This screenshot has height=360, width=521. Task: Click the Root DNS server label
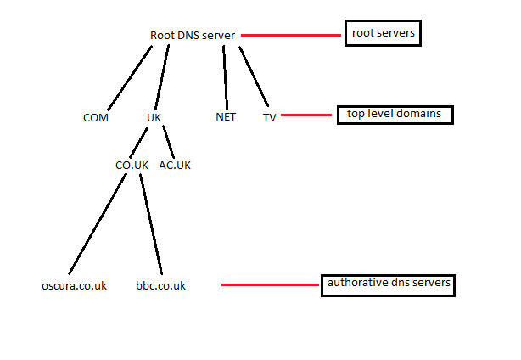pos(193,36)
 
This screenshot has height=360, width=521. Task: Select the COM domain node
pos(96,118)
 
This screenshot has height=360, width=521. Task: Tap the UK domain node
pos(154,118)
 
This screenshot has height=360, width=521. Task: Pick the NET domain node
pos(226,117)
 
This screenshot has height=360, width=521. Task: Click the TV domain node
pos(269,118)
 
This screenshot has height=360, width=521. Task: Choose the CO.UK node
pos(132,165)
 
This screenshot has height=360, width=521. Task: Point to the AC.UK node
pos(175,165)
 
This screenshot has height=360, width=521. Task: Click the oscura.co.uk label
pos(74,285)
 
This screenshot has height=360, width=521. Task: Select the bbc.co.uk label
pos(160,285)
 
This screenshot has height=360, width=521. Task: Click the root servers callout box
pos(383,33)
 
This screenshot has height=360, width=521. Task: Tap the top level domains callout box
pos(395,114)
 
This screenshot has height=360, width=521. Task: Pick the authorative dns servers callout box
pos(388,284)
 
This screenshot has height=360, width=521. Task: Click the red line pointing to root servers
pos(290,36)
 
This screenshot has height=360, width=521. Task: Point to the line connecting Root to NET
pos(226,76)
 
